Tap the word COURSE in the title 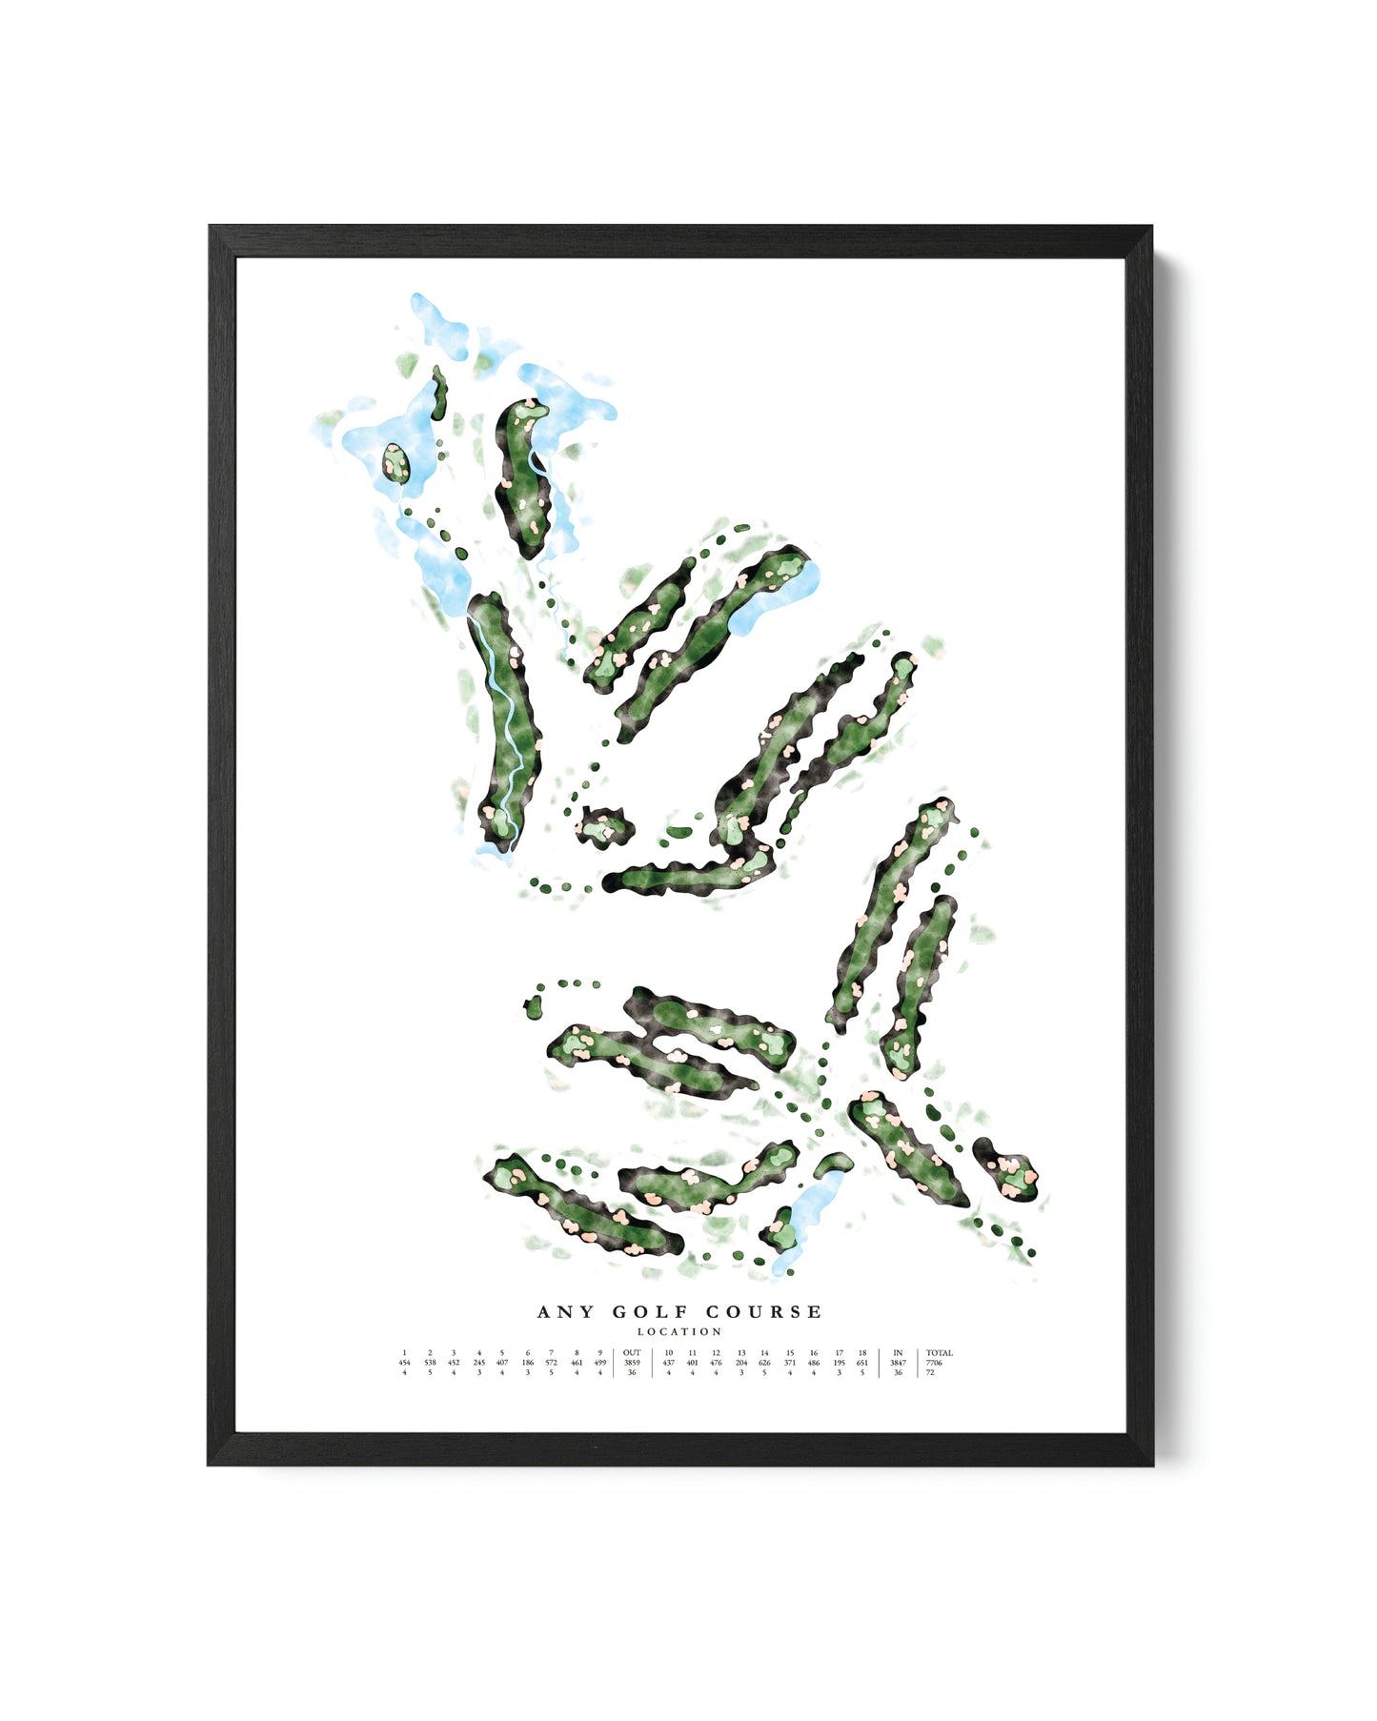pyautogui.click(x=763, y=1312)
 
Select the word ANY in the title pyautogui.click(x=565, y=1312)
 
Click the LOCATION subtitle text pyautogui.click(x=679, y=1332)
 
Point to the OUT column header pyautogui.click(x=632, y=1352)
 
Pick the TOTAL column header pyautogui.click(x=939, y=1352)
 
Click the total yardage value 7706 pyautogui.click(x=934, y=1363)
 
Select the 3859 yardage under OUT pyautogui.click(x=632, y=1363)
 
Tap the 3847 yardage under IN pyautogui.click(x=898, y=1363)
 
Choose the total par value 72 pyautogui.click(x=930, y=1373)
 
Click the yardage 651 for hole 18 pyautogui.click(x=862, y=1363)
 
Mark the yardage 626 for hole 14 pyautogui.click(x=764, y=1363)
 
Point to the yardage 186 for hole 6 pyautogui.click(x=528, y=1363)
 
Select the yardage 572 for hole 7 pyautogui.click(x=551, y=1363)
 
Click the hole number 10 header pyautogui.click(x=668, y=1352)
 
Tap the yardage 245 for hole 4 pyautogui.click(x=478, y=1363)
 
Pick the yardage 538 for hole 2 pyautogui.click(x=430, y=1363)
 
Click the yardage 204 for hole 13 pyautogui.click(x=741, y=1363)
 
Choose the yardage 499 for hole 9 pyautogui.click(x=599, y=1363)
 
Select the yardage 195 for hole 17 pyautogui.click(x=839, y=1363)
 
